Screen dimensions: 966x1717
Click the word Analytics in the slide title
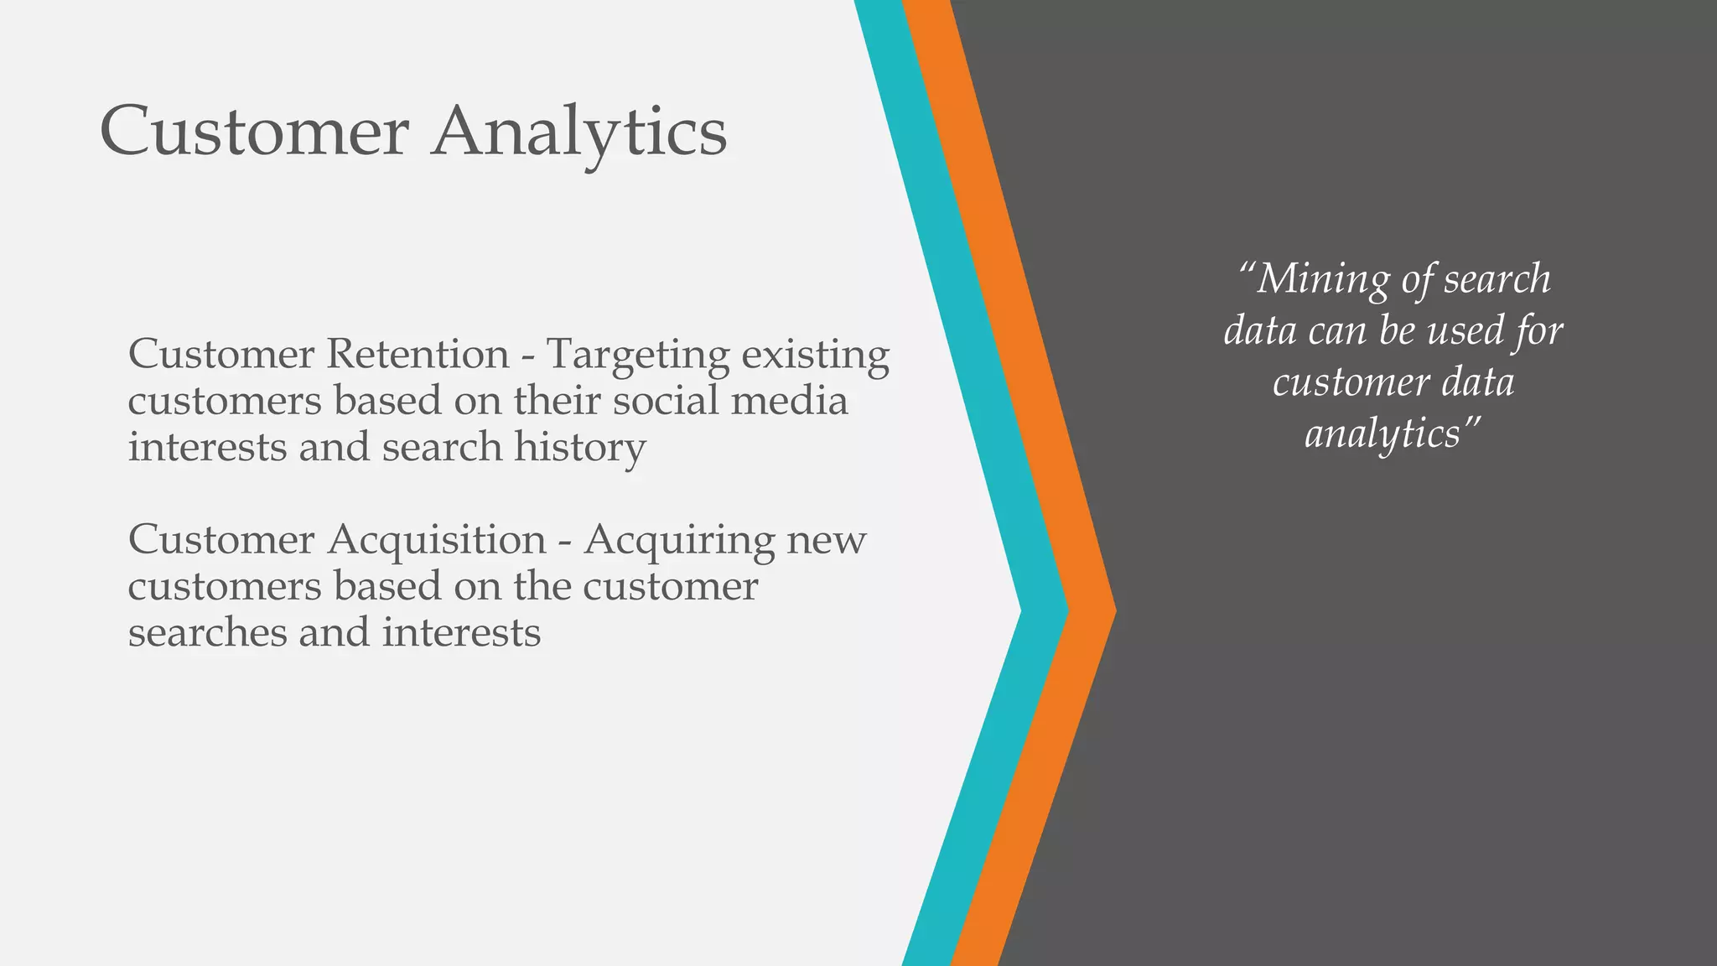click(578, 132)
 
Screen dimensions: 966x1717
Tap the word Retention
click(418, 354)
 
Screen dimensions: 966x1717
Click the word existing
click(815, 356)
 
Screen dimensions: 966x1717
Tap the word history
click(580, 448)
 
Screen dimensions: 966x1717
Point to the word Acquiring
click(679, 540)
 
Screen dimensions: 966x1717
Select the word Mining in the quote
click(1323, 279)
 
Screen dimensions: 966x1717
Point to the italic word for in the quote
click(1538, 330)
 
